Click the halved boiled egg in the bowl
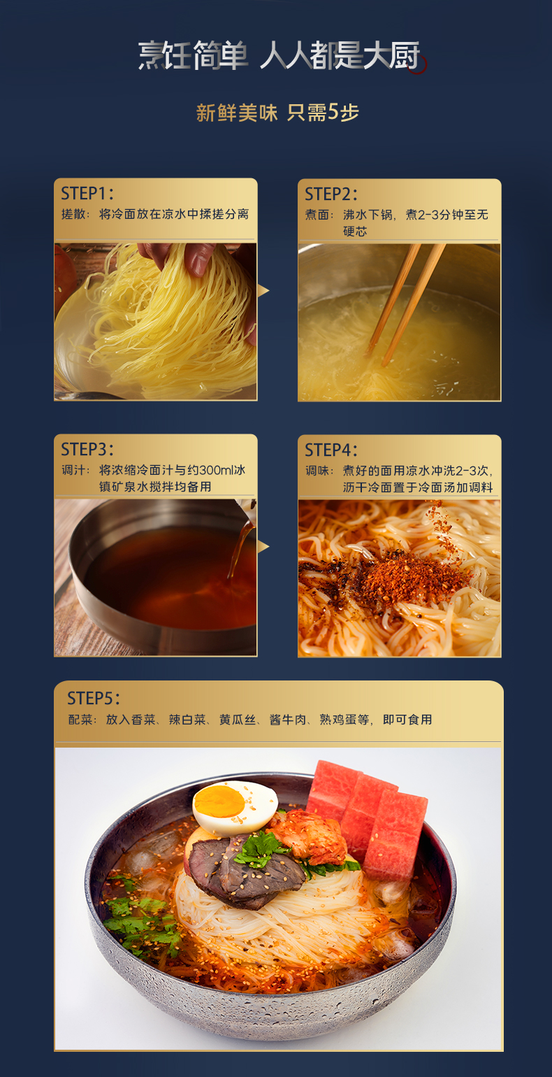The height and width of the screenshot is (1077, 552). pos(235,806)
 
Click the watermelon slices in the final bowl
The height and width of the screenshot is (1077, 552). pos(367,814)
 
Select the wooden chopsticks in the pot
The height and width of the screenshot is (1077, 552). pos(405,304)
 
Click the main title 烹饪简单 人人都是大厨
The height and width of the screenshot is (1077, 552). pos(279,56)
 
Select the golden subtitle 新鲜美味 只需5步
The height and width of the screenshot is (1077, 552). pos(277,113)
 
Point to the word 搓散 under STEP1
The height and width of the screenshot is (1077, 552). pos(74,214)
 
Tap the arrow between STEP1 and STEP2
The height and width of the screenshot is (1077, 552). pos(263,290)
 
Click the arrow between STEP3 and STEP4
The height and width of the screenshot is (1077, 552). pos(263,546)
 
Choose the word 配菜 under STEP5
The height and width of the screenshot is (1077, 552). pos(81,719)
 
